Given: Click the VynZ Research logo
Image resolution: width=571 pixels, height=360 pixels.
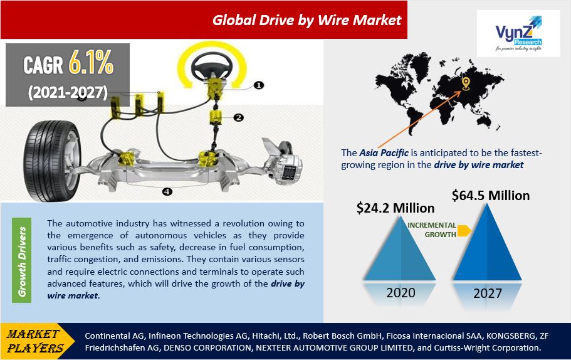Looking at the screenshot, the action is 518,33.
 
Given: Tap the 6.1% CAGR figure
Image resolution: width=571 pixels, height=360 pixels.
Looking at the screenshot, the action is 91,62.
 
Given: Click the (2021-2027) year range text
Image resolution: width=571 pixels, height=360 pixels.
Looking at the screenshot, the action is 68,92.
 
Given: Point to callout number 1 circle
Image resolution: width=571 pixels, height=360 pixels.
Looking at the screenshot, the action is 259,85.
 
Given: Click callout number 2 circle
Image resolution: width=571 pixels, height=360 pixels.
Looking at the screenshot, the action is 239,117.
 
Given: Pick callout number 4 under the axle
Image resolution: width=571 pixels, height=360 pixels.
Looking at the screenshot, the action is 167,191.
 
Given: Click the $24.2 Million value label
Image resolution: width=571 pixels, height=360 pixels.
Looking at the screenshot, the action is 396,208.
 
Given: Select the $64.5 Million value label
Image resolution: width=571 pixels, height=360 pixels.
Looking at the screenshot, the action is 491,196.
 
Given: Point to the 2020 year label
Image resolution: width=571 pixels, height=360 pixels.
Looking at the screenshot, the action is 401,293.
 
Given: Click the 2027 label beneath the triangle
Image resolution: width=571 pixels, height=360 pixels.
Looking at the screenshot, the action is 488,294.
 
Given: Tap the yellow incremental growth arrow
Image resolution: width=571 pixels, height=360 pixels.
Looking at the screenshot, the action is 464,231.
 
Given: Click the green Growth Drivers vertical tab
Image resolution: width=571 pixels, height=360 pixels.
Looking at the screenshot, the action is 22,260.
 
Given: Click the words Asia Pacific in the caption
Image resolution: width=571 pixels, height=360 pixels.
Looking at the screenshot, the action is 384,153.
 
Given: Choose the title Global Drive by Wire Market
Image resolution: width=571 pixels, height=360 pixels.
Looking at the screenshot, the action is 306,21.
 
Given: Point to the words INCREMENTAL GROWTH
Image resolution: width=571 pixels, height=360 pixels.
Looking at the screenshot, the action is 432,230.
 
